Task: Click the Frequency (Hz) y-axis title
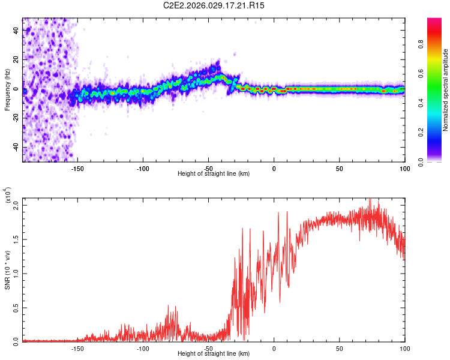point(7,89)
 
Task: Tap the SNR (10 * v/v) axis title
point(7,269)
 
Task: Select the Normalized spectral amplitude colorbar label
point(445,89)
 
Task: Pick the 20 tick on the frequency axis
point(16,60)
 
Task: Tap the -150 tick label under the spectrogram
point(77,169)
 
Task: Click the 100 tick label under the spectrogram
point(404,169)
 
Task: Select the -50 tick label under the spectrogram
point(208,169)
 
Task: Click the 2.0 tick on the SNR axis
point(16,206)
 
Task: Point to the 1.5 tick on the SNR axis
point(16,239)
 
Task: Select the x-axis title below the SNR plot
point(214,354)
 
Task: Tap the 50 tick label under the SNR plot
point(339,349)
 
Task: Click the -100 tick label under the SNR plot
point(143,349)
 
